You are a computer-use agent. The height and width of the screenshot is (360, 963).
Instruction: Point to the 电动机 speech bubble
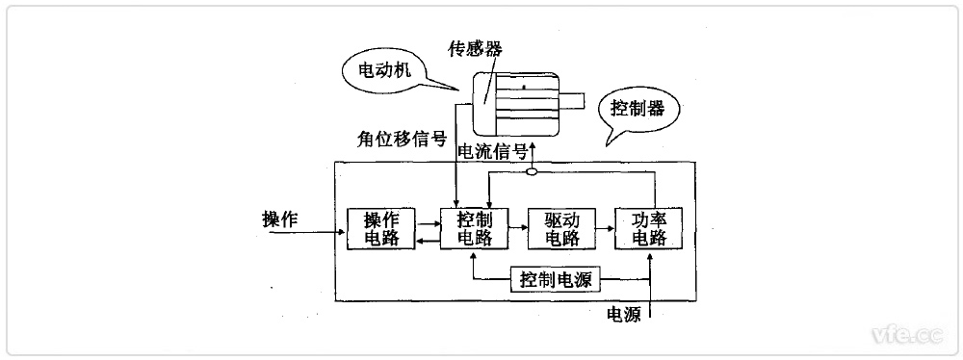(386, 72)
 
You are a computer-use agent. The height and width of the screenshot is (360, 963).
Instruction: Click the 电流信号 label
(492, 151)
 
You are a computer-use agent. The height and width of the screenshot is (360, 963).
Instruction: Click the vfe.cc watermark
(906, 334)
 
